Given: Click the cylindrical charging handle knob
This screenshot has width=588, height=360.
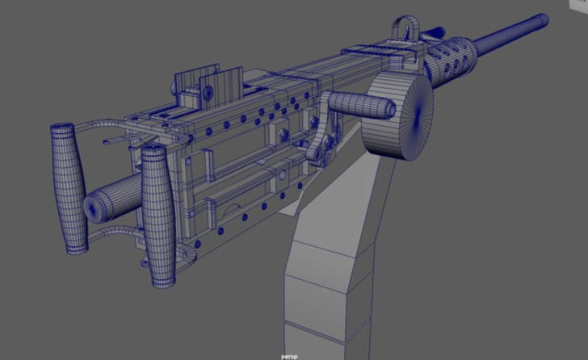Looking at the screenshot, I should tap(360, 106).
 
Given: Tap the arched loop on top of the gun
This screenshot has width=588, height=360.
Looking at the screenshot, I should tap(405, 30).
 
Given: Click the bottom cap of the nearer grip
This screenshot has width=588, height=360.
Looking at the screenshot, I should tap(162, 282).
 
